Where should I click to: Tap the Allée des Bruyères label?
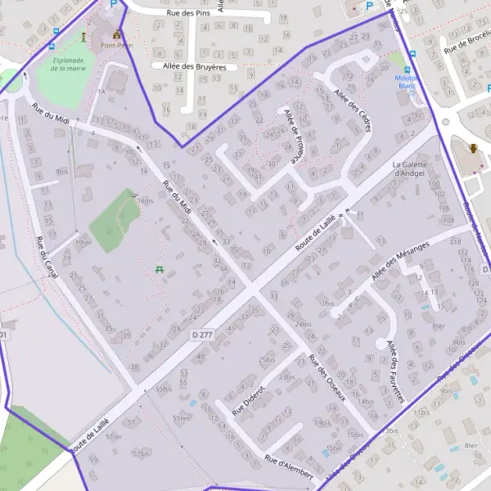(195, 65)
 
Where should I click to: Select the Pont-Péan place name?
(117, 47)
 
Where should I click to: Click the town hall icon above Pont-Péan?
(117, 34)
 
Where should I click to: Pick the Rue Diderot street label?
(250, 400)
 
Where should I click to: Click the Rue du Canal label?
(44, 258)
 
